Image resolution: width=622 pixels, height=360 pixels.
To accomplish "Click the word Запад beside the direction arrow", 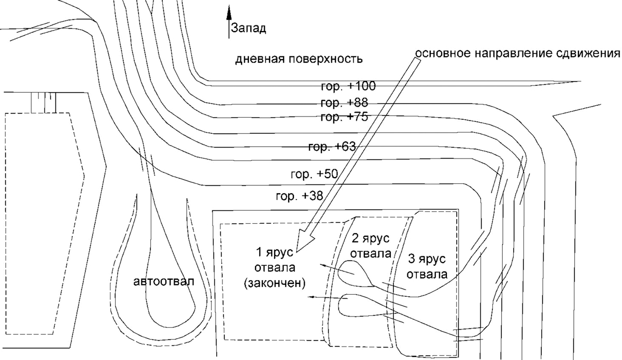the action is pos(248,29).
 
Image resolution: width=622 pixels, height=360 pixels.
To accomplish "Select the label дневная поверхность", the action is pos(299,60).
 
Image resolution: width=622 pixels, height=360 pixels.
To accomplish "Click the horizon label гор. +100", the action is pos(348,87).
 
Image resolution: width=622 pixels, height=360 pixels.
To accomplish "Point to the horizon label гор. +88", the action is pos(344,103).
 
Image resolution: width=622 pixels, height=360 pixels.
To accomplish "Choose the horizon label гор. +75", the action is pos(344,117).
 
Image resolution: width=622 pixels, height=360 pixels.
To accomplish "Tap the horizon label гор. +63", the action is pos(332,147).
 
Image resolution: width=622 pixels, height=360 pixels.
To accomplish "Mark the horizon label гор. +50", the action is pos(314,175).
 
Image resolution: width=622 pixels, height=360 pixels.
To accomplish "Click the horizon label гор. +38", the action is pos(300,196).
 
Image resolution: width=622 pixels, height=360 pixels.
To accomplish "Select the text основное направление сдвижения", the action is pos(518,53).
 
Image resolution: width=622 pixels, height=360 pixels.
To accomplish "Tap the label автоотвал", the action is pos(164,281).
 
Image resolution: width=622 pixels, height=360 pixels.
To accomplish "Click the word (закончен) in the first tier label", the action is pos(275,283).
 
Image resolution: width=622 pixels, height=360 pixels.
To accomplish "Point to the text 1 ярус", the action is pos(274,253).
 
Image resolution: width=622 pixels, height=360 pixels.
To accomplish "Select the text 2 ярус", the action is pos(371,238).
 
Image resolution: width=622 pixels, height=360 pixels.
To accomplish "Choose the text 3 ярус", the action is pos(427,259).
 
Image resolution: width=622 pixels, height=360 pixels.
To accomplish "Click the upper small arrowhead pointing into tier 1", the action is pos(322,265).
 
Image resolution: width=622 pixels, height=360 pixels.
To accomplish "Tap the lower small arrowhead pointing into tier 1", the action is pos(312,297).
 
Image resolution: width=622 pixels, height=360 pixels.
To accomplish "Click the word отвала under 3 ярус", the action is pos(427,275).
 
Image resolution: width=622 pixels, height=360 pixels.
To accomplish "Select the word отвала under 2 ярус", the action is pos(371,253).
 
